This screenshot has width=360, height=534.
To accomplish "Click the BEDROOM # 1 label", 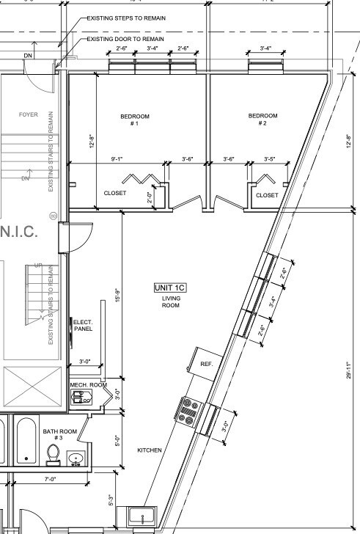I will pos(135,120).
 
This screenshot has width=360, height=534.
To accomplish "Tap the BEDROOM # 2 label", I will pos(262,120).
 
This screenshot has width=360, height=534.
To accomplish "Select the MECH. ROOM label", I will pos(88,385).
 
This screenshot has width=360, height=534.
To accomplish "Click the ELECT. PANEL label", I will pos(82,325).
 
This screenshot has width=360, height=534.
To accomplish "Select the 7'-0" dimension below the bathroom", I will pos(50,478).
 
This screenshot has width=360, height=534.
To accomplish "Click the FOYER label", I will pos(28,114).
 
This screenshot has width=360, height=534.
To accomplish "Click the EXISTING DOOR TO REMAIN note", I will pos(125,39).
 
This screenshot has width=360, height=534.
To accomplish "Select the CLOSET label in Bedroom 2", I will pos(267,195).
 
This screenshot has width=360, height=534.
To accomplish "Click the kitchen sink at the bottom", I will pos(142,515).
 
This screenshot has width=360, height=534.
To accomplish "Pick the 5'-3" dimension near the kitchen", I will pos(111,500).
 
